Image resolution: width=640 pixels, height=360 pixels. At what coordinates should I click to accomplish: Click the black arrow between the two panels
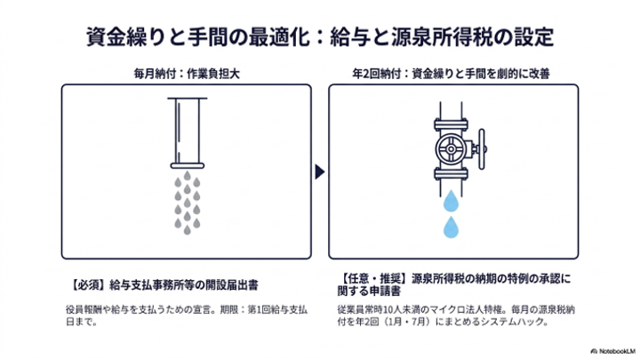[x=320, y=172]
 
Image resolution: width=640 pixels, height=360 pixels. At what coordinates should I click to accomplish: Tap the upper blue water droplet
[x=451, y=201]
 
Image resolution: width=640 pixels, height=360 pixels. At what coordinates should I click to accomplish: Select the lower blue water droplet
[x=451, y=228]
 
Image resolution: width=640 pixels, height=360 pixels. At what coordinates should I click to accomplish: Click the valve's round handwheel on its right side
[x=482, y=149]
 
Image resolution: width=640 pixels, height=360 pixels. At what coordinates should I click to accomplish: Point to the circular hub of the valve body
[x=451, y=149]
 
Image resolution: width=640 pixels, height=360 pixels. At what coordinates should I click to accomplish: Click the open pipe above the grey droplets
[x=188, y=132]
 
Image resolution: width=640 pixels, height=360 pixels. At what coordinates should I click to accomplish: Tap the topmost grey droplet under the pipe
[x=187, y=176]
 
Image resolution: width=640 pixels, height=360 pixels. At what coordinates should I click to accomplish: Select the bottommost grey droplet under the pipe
[x=187, y=230]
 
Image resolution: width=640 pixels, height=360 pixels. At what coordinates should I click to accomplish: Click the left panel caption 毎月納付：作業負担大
[x=187, y=74]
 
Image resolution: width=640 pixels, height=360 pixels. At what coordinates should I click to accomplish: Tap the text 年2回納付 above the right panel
[x=377, y=74]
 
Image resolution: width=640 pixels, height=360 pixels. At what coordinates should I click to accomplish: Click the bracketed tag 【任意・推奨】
[x=374, y=279]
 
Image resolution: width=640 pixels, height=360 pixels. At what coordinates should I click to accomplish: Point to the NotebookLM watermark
[x=613, y=351]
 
